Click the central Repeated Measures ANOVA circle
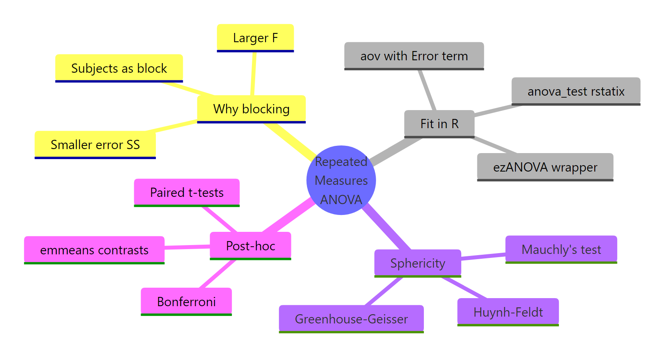[x=341, y=180]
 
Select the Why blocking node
[x=251, y=109]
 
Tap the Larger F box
[x=255, y=38]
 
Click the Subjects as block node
[x=119, y=68]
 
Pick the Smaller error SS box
[x=95, y=145]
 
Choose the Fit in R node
[x=439, y=124]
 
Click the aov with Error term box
[x=414, y=56]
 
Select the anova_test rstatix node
[x=575, y=92]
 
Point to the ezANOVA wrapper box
[x=545, y=167]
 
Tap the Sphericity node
[x=417, y=263]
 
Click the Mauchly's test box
[x=561, y=250]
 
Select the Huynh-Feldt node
[x=508, y=312]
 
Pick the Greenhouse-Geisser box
[x=351, y=319]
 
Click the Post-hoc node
[x=250, y=246]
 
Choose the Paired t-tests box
[x=186, y=192]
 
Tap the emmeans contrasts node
[x=94, y=250]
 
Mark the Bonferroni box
[x=186, y=301]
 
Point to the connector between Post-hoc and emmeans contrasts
[x=187, y=247]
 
